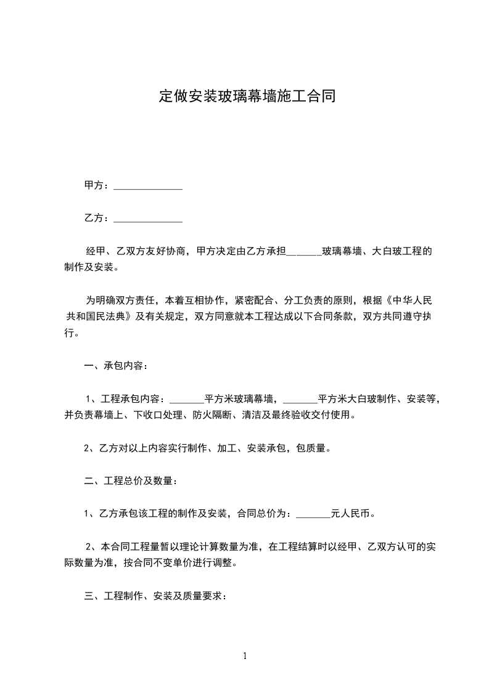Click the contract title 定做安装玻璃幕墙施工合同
point(247,97)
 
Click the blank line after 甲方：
point(148,186)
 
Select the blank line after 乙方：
point(148,219)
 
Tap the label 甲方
point(94,185)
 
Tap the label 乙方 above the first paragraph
point(94,217)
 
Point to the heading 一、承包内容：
point(115,366)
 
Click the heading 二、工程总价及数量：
point(131,481)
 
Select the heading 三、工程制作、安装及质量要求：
point(157,596)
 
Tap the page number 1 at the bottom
point(245,656)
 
